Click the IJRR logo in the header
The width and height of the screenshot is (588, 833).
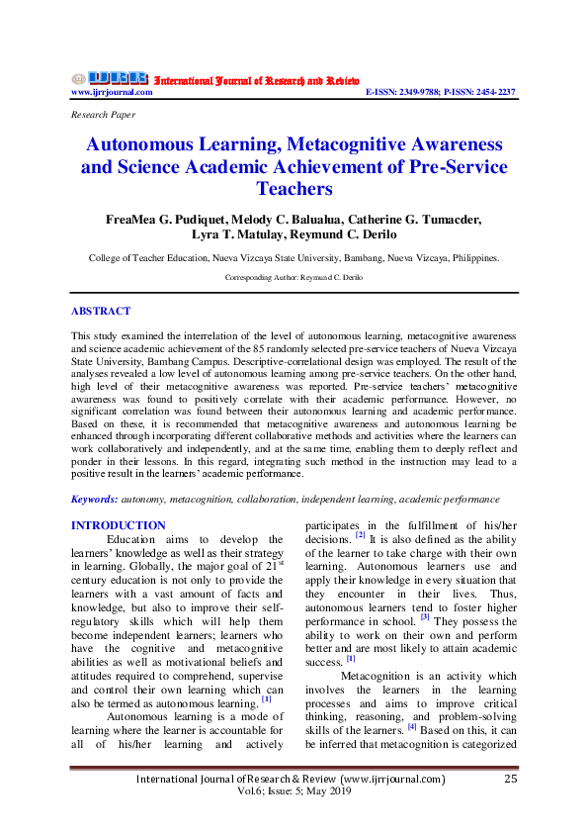point(110,78)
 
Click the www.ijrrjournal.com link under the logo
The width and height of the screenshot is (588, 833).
point(112,92)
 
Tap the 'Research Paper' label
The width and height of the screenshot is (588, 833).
point(104,115)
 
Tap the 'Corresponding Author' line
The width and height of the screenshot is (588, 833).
point(294,278)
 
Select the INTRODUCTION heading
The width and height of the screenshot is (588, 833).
point(120,525)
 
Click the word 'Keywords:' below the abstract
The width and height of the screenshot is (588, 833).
point(96,500)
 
